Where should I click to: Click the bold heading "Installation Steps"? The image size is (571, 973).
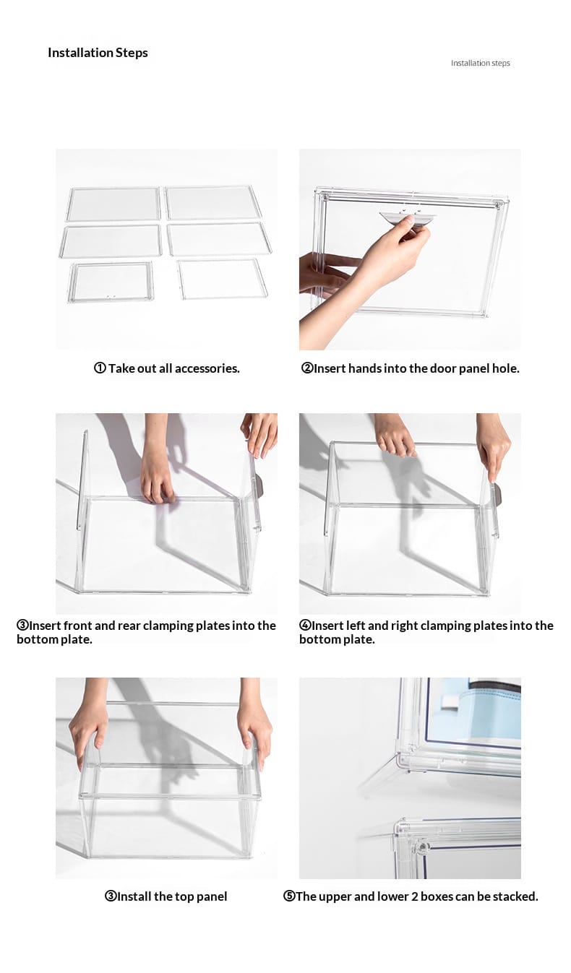pos(98,53)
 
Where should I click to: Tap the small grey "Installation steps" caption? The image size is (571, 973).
pos(480,63)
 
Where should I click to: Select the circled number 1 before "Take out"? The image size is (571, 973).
pos(100,368)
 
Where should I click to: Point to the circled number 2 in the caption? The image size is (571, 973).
pos(306,368)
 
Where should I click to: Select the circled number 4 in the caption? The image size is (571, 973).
pos(305,625)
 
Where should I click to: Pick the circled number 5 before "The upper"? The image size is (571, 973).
pos(289,896)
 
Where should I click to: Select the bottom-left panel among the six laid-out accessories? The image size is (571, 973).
pos(111,282)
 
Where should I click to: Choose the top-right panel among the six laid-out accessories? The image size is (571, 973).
pos(214,202)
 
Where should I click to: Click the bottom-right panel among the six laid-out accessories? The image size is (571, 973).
pos(223,279)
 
